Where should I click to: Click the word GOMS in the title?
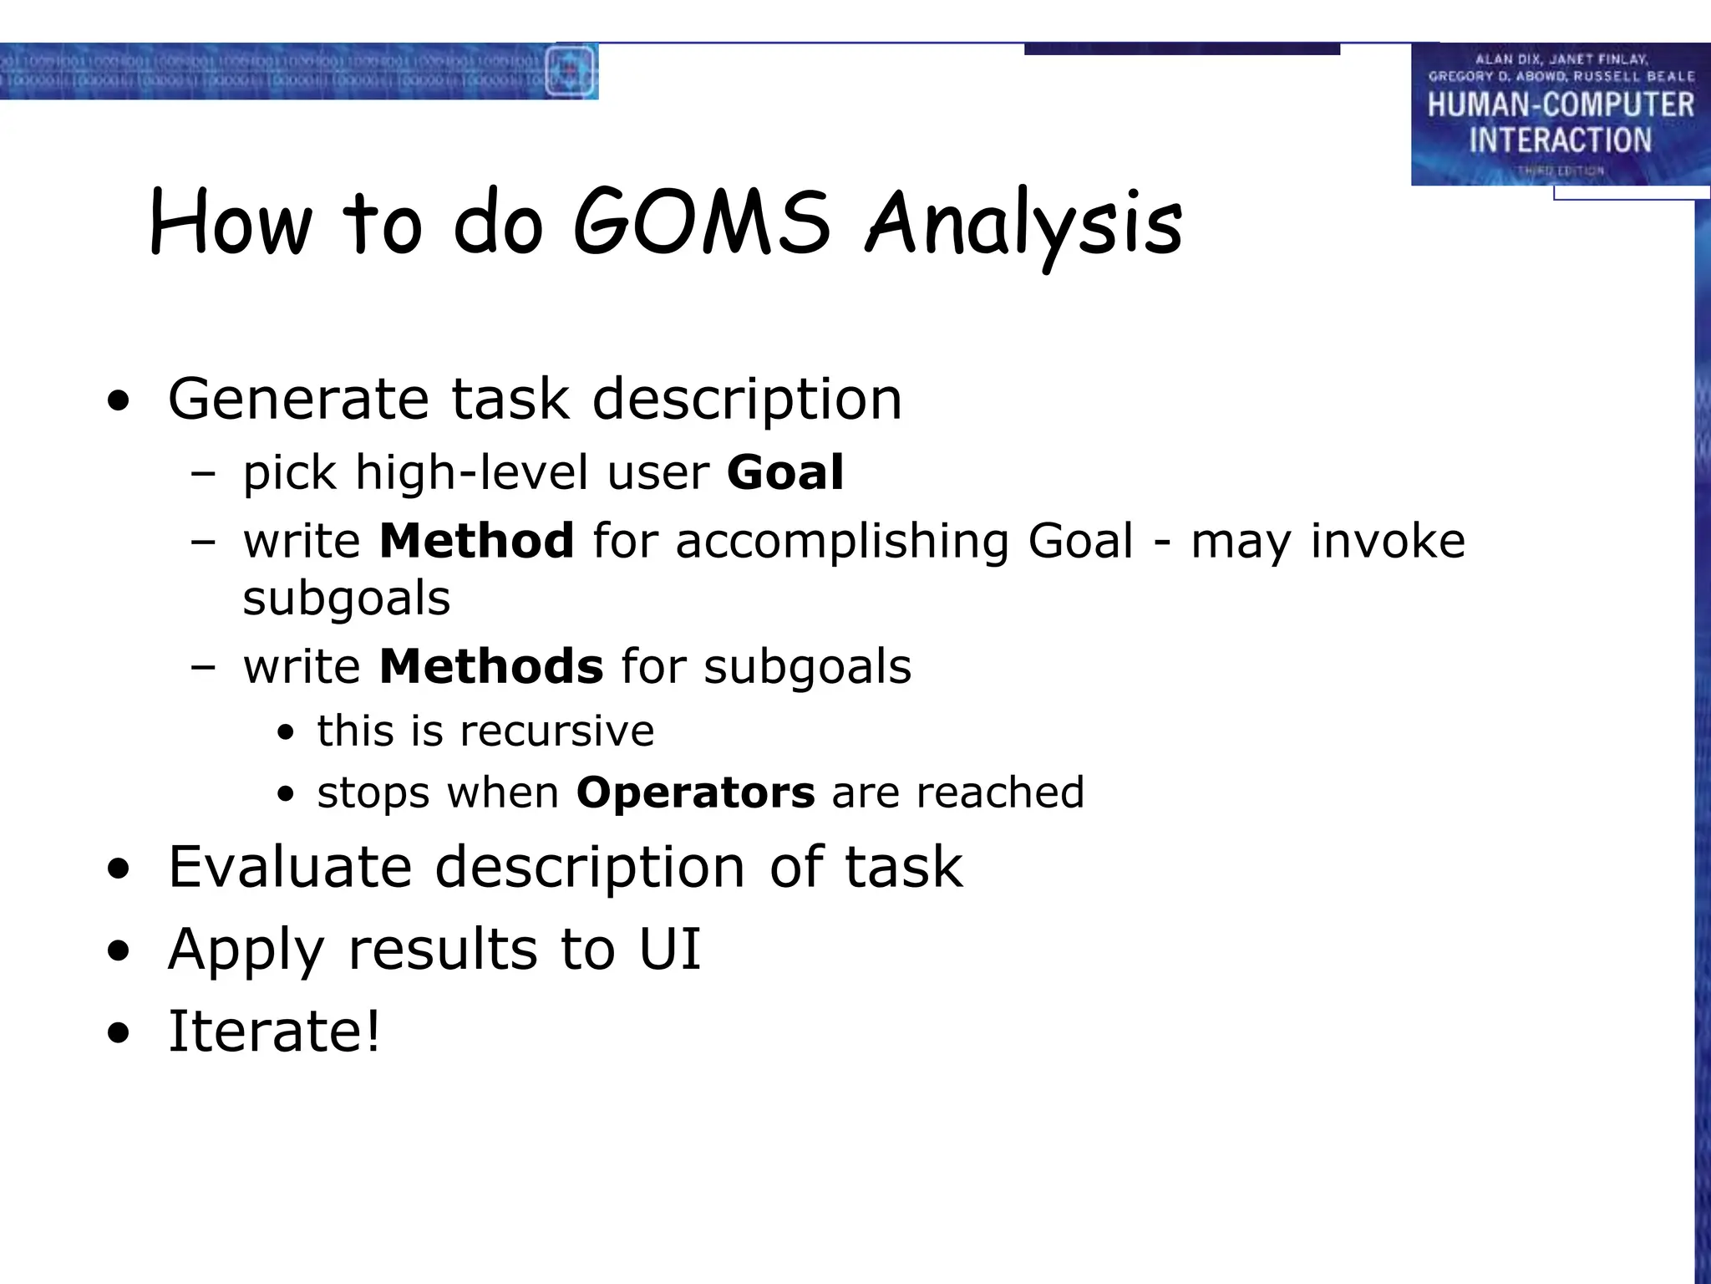click(701, 222)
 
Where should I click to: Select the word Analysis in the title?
click(1023, 224)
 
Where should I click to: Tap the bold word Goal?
click(785, 472)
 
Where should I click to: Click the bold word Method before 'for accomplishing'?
click(476, 540)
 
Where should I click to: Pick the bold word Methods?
click(490, 666)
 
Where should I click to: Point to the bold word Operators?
click(695, 792)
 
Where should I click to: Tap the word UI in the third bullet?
click(669, 949)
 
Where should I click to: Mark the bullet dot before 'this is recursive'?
click(287, 733)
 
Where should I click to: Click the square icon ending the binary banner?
click(571, 71)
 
